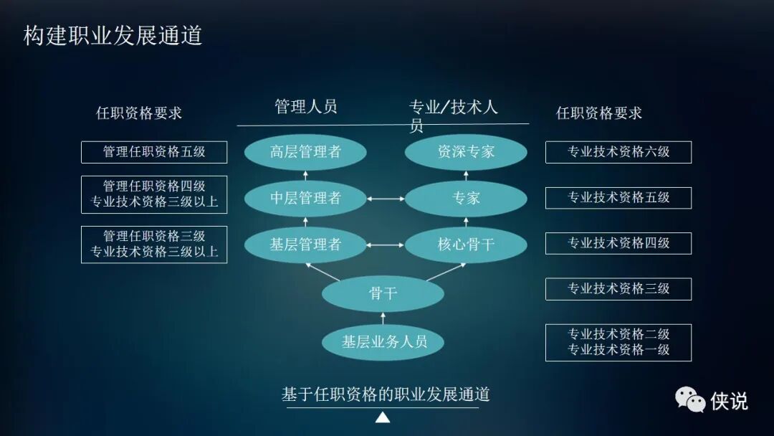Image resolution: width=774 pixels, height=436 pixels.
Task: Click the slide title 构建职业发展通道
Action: click(113, 35)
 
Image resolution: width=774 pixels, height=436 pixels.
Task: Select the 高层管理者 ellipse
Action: click(305, 152)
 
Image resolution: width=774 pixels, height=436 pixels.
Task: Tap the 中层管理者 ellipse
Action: click(305, 199)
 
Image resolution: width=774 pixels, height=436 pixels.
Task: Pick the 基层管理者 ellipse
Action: click(305, 245)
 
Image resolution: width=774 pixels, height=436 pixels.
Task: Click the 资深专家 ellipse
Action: click(466, 152)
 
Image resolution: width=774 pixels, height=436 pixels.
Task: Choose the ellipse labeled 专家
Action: click(466, 199)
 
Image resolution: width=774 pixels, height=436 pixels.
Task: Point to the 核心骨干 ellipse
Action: click(466, 245)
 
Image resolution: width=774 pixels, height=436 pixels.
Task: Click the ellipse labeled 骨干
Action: click(383, 293)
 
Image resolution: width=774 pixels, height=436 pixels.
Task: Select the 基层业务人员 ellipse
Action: click(383, 342)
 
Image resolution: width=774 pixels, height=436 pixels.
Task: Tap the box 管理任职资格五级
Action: click(154, 152)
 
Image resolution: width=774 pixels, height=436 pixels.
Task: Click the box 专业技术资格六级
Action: click(618, 152)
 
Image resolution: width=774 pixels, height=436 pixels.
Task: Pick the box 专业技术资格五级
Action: click(618, 198)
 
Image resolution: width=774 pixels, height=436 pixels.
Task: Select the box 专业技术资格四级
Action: click(618, 243)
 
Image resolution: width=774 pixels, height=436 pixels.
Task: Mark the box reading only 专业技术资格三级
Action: click(618, 289)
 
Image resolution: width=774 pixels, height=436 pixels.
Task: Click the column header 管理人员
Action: click(306, 108)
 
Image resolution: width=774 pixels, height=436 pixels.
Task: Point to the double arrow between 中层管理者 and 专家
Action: click(386, 199)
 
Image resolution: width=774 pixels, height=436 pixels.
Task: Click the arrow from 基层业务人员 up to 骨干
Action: click(383, 318)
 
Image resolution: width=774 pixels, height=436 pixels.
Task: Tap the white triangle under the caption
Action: click(383, 417)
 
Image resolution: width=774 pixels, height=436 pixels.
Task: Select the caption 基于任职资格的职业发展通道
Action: click(386, 394)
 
